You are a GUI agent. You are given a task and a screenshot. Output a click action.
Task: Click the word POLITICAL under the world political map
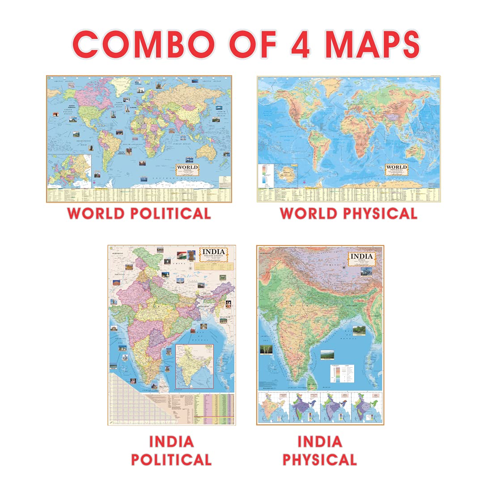[170, 213]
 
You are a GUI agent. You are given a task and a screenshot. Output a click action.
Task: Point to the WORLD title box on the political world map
[187, 169]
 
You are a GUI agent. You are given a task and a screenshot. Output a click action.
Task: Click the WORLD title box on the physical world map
[396, 169]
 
